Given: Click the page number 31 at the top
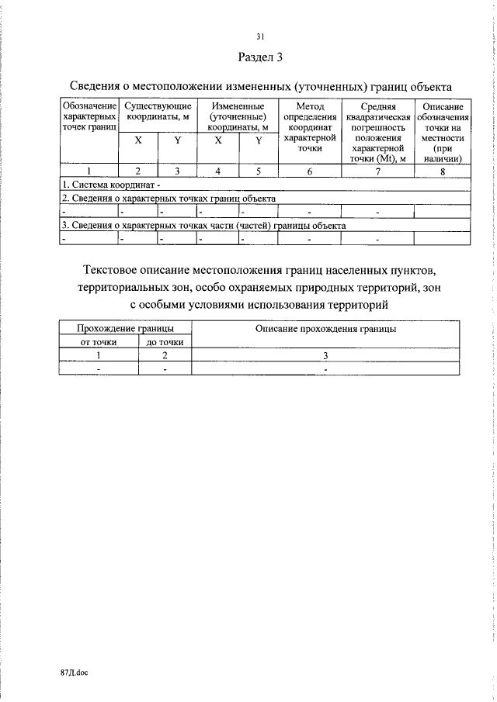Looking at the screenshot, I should click(x=260, y=36).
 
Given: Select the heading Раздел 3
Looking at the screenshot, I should click(x=260, y=57).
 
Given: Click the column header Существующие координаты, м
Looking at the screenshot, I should click(x=158, y=111).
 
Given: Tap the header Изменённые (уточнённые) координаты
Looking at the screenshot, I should click(x=238, y=116).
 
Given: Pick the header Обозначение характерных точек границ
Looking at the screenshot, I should click(x=89, y=116).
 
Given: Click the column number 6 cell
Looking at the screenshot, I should click(x=309, y=173).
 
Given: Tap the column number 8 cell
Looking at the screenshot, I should click(x=443, y=173).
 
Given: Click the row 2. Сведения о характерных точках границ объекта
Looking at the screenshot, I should click(x=169, y=198).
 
